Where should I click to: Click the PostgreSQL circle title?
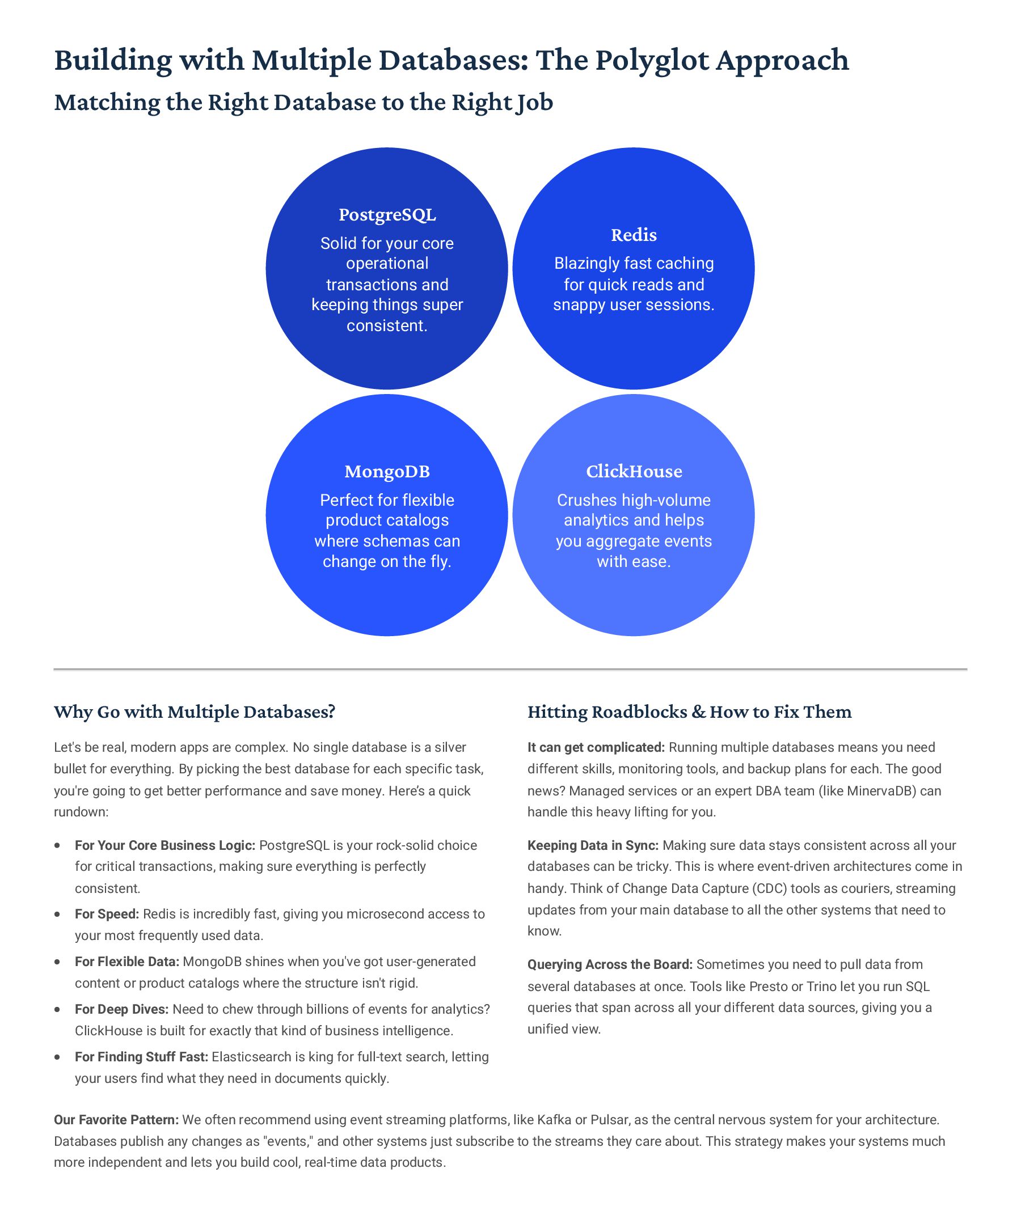tap(387, 215)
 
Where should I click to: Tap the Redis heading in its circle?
tap(634, 235)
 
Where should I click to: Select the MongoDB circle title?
tap(387, 472)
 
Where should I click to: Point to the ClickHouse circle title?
tap(634, 472)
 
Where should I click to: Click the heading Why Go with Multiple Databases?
tap(195, 712)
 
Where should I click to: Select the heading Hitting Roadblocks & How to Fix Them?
tap(689, 712)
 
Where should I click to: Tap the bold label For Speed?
tap(107, 914)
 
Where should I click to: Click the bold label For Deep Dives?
tap(121, 1010)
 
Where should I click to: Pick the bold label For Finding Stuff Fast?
tap(141, 1057)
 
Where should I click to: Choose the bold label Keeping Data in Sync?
tap(593, 845)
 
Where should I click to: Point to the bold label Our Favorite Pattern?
tap(116, 1120)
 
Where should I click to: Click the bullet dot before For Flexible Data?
tap(57, 962)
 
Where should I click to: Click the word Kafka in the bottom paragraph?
tap(555, 1120)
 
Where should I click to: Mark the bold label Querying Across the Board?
tap(609, 964)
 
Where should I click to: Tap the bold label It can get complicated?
tap(596, 748)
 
